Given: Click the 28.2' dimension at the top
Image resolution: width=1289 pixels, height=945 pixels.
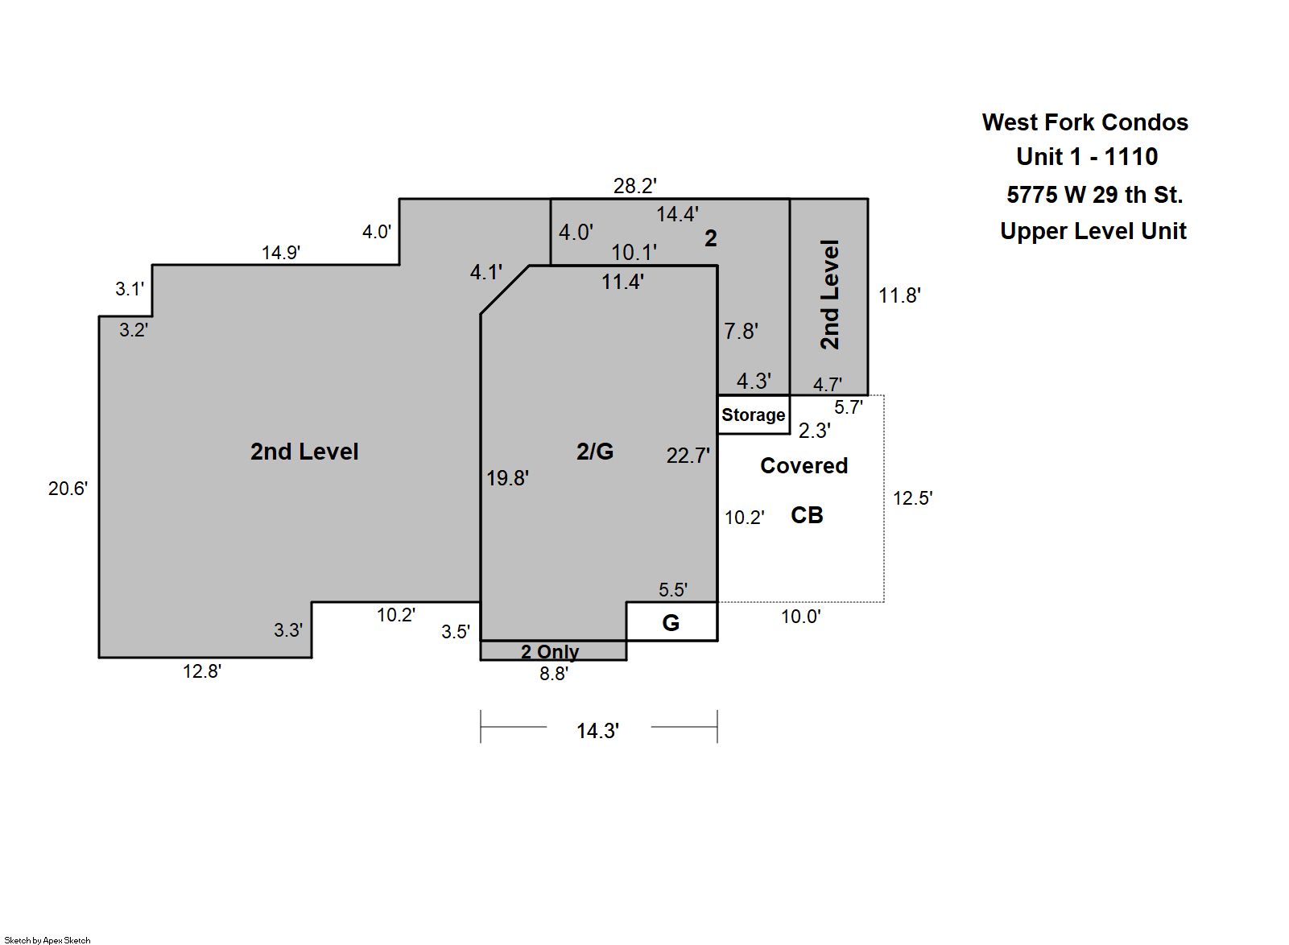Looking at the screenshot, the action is pos(634,186).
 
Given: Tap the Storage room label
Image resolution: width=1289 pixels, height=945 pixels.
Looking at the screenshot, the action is pos(754,415).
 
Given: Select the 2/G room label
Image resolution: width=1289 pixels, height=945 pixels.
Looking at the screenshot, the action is pos(595,452).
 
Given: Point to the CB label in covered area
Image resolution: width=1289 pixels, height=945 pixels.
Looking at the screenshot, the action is pos(807,515).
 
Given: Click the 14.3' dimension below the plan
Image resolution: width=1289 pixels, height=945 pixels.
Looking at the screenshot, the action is pos(598,731).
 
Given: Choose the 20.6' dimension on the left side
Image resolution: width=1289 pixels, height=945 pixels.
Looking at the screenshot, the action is pos(68,489).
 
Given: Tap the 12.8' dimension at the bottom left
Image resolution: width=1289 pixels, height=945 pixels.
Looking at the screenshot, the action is pos(202,671).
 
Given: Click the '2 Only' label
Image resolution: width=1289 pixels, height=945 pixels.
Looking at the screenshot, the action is pos(550,652).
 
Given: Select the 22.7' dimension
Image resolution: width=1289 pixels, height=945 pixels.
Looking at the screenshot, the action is pos(688,456).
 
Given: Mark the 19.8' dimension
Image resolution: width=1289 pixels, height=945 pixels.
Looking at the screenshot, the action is pos(507,478).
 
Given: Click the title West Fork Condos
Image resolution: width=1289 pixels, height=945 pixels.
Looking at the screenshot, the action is pos(1084,122).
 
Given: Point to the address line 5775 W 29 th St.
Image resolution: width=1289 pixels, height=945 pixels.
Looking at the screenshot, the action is pos(1094,195).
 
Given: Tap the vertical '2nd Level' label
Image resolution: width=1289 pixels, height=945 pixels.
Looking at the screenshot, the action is pos(830,295).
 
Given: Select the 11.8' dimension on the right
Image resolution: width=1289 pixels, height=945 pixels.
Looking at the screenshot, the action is pos(899,295).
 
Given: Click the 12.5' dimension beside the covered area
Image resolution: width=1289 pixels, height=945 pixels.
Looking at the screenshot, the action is pos(913,498).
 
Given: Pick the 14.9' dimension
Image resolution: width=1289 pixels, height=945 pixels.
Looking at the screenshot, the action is pos(281,253).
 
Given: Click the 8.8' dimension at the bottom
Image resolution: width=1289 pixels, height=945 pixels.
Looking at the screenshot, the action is pos(554,674).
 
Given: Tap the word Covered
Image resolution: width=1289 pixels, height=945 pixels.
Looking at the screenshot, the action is pos(804,465).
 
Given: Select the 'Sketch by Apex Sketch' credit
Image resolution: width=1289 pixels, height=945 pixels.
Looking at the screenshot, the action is pos(48,940).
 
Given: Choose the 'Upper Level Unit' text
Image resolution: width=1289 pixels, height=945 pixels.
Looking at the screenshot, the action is pos(1093,231).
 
